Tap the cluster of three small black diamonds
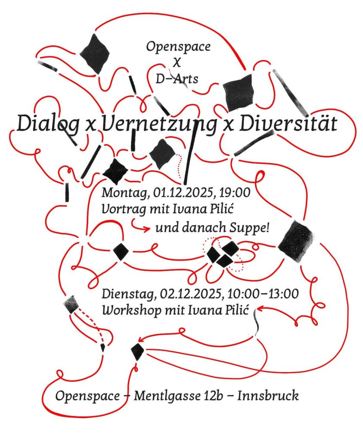(223, 254)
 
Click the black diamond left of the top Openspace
(94, 53)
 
